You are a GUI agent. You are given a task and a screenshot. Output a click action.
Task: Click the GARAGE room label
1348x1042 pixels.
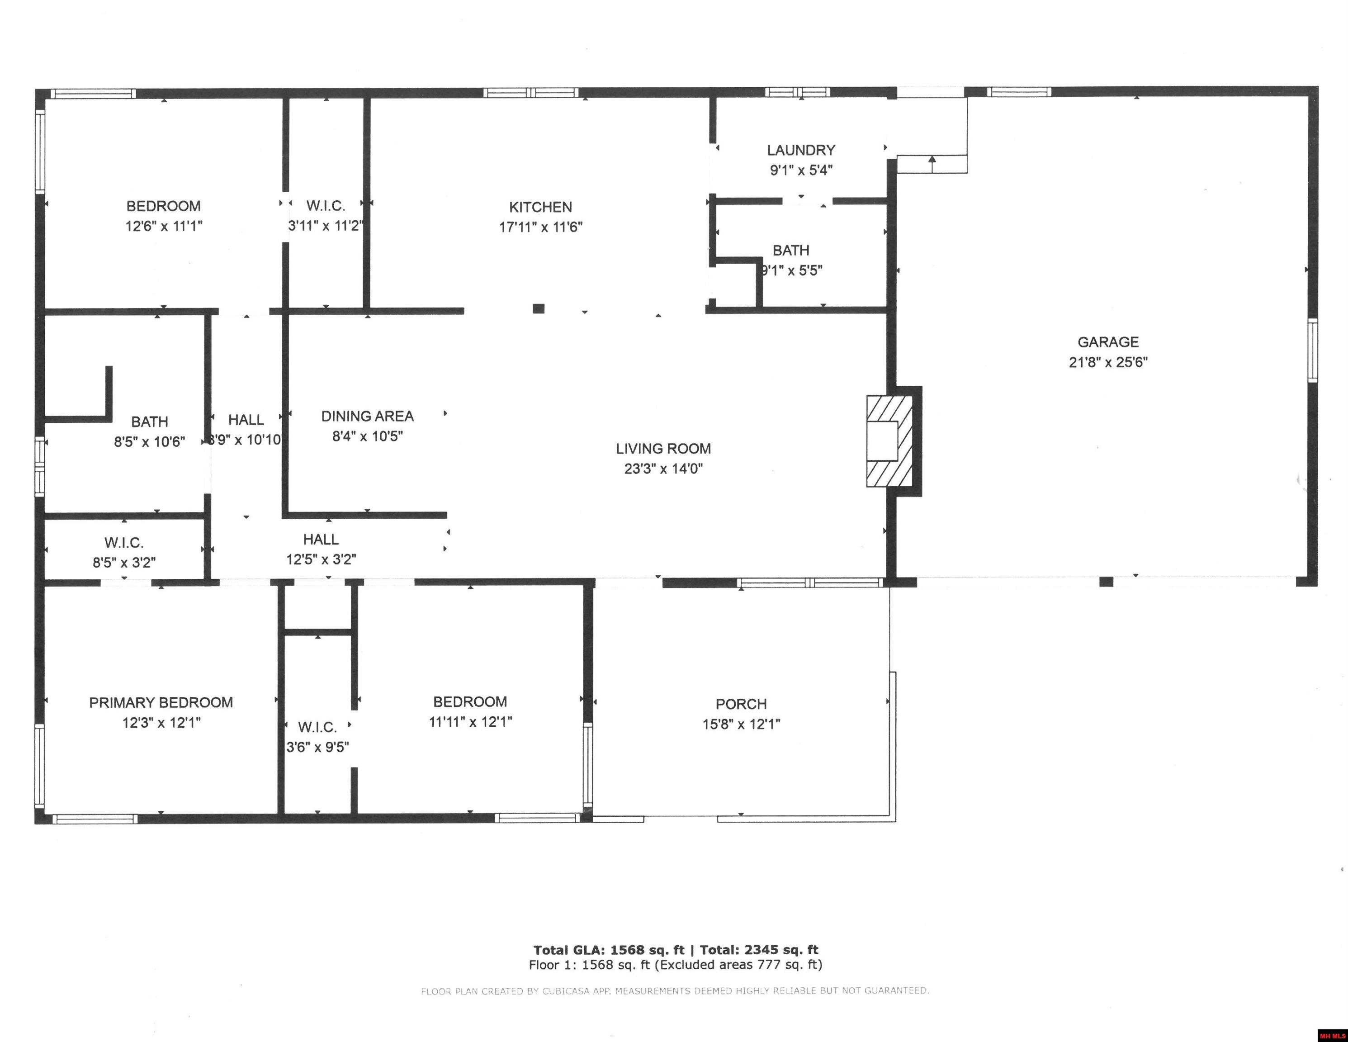(x=1108, y=341)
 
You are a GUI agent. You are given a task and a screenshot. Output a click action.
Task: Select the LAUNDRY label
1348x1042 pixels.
(x=800, y=150)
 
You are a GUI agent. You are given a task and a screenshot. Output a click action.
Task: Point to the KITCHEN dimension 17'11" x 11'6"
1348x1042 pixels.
(x=541, y=227)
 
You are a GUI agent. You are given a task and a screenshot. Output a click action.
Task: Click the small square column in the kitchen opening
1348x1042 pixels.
(x=538, y=308)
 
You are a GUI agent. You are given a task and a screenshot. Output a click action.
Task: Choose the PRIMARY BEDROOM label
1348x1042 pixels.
(x=161, y=702)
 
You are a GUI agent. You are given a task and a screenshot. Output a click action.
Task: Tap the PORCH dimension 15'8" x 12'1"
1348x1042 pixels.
(x=741, y=724)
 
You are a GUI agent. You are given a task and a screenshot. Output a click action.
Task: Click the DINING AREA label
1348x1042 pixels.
(x=367, y=416)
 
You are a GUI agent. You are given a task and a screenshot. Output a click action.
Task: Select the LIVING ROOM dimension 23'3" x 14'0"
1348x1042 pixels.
(x=663, y=469)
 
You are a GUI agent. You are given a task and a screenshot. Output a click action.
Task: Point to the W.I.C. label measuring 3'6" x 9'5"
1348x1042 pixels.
(x=317, y=727)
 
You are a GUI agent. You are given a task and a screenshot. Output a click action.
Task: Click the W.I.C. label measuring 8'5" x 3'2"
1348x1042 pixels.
(x=124, y=543)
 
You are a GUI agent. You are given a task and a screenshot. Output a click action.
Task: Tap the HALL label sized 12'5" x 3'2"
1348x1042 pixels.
(x=321, y=540)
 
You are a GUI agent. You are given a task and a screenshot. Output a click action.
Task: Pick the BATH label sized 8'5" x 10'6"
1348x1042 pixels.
(x=149, y=422)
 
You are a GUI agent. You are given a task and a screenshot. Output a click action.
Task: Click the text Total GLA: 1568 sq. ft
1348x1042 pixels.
(x=609, y=950)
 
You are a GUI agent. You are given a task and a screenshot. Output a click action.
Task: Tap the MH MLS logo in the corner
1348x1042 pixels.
(x=1332, y=1035)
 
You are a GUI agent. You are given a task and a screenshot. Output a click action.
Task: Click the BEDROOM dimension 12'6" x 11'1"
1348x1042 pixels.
(x=164, y=226)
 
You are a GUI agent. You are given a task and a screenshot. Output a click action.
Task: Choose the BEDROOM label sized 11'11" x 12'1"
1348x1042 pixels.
(x=470, y=702)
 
